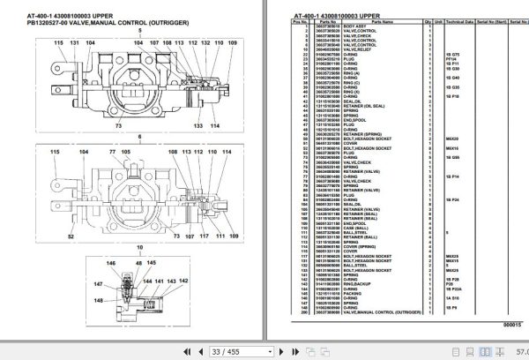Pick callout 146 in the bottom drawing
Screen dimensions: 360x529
111,263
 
